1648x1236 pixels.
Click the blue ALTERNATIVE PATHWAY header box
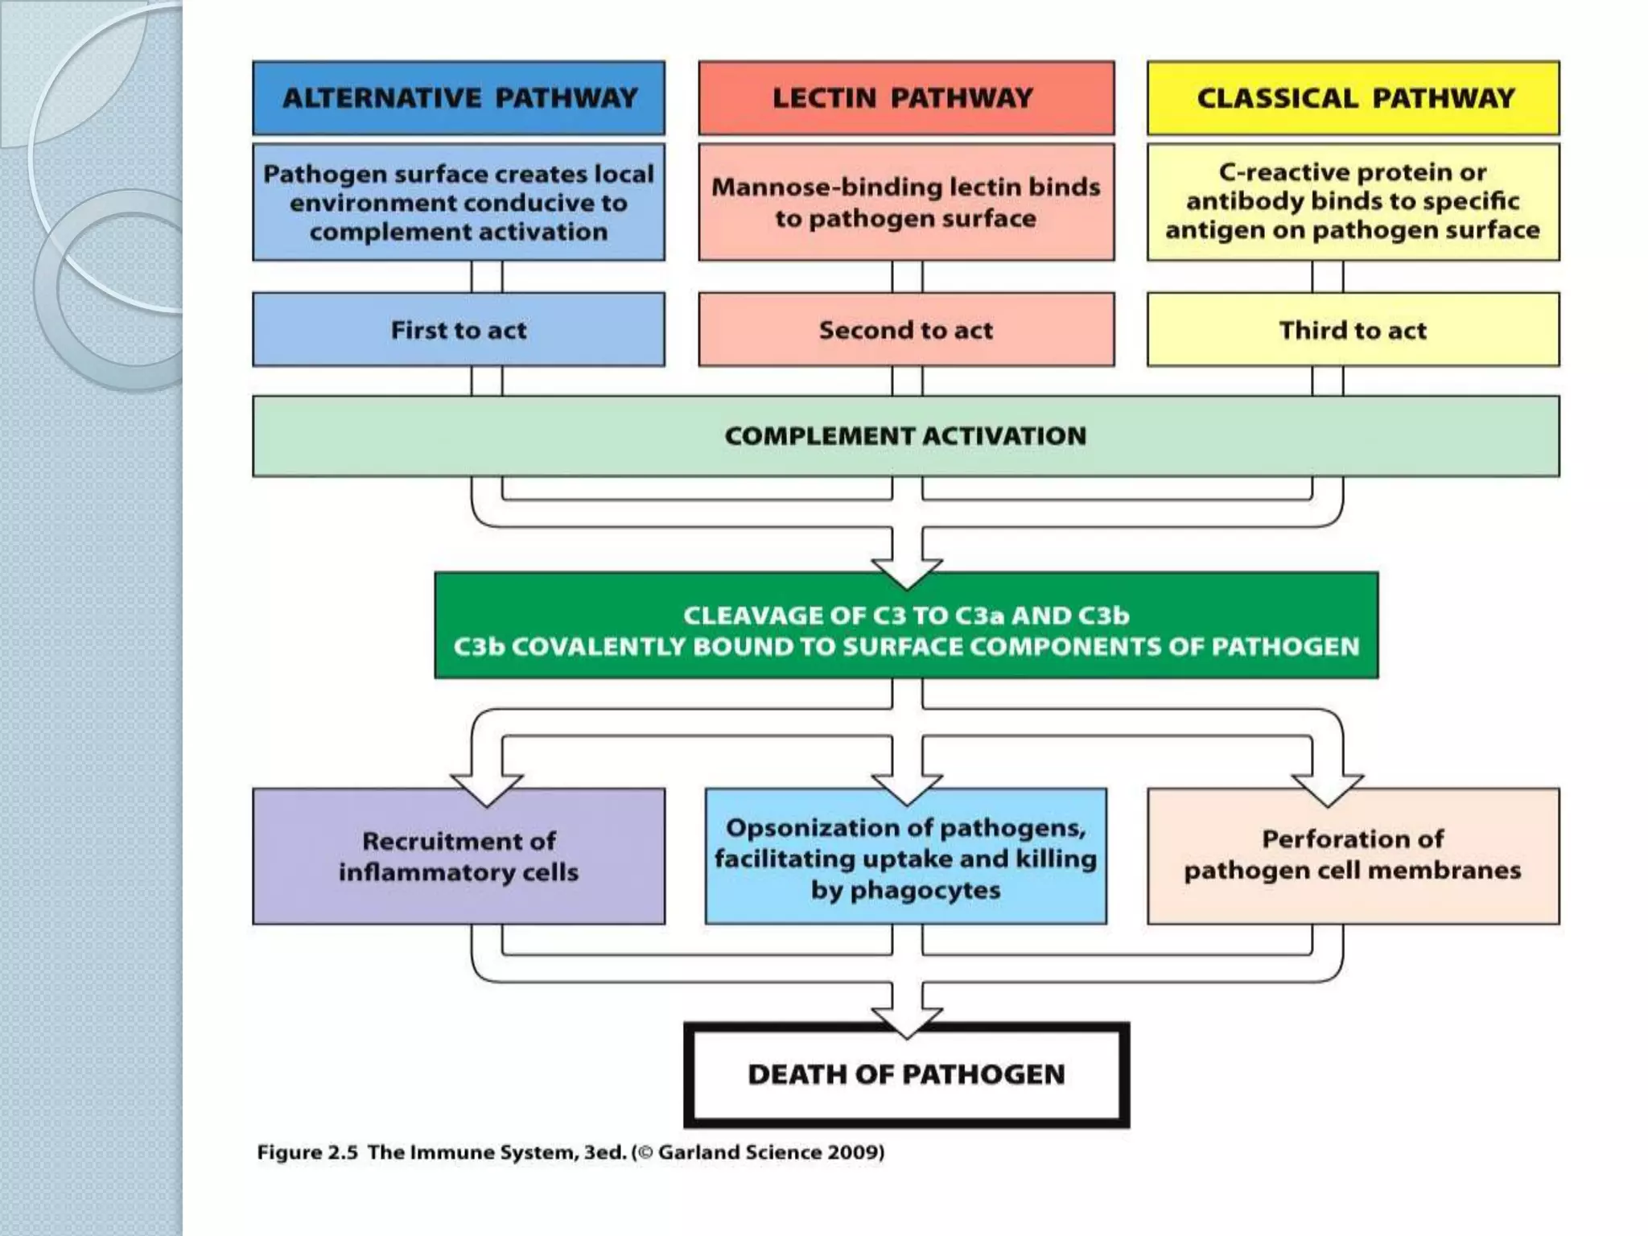pos(459,98)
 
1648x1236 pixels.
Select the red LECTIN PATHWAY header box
pos(906,98)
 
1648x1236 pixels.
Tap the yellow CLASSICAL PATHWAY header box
pos(1353,98)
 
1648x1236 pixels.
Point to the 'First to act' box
pos(459,330)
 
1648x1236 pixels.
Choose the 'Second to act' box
pos(906,330)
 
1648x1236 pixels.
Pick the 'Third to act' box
pos(1353,330)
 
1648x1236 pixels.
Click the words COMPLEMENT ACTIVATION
pos(905,436)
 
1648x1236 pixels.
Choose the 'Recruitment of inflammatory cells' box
pos(459,856)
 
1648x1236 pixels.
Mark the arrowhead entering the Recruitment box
pos(487,789)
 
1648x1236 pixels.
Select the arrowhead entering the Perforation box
pos(1327,789)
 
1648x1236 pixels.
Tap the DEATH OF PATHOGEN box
pos(906,1075)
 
